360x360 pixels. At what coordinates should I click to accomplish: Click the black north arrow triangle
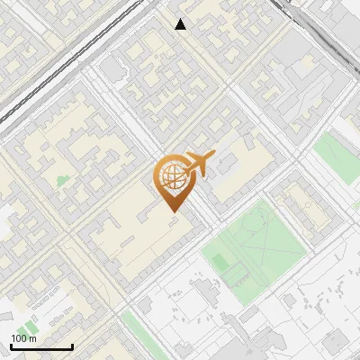tap(181, 24)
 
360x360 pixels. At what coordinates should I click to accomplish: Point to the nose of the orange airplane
tap(212, 157)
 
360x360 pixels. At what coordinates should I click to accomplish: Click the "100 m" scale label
tap(23, 338)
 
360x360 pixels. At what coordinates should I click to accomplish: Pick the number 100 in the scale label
tap(20, 338)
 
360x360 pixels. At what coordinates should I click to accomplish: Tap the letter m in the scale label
tap(32, 338)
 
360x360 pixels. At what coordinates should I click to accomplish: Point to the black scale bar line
tap(41, 347)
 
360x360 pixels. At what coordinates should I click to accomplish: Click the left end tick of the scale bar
tap(11, 346)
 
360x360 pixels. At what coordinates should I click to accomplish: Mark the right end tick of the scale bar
tap(72, 346)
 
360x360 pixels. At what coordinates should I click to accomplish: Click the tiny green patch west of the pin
tap(62, 180)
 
